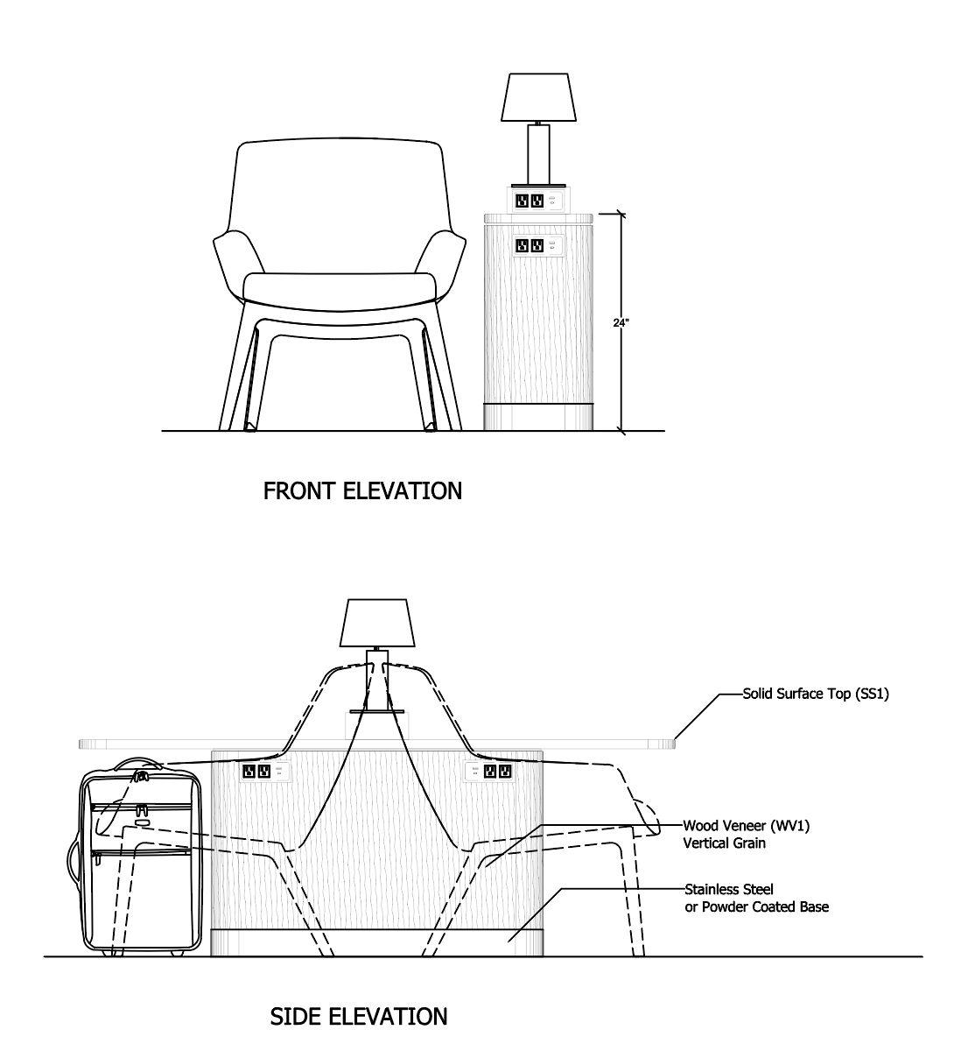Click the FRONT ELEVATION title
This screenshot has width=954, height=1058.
362,491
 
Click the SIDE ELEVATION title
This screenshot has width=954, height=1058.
358,1017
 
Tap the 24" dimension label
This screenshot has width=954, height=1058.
621,322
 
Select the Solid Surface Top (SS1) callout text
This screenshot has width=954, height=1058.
816,695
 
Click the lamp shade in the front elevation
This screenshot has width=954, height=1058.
537,98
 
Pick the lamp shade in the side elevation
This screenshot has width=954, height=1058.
378,623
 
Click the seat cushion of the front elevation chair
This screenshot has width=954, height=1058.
339,288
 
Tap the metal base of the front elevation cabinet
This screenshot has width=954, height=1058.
539,417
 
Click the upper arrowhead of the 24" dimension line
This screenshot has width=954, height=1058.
621,213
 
